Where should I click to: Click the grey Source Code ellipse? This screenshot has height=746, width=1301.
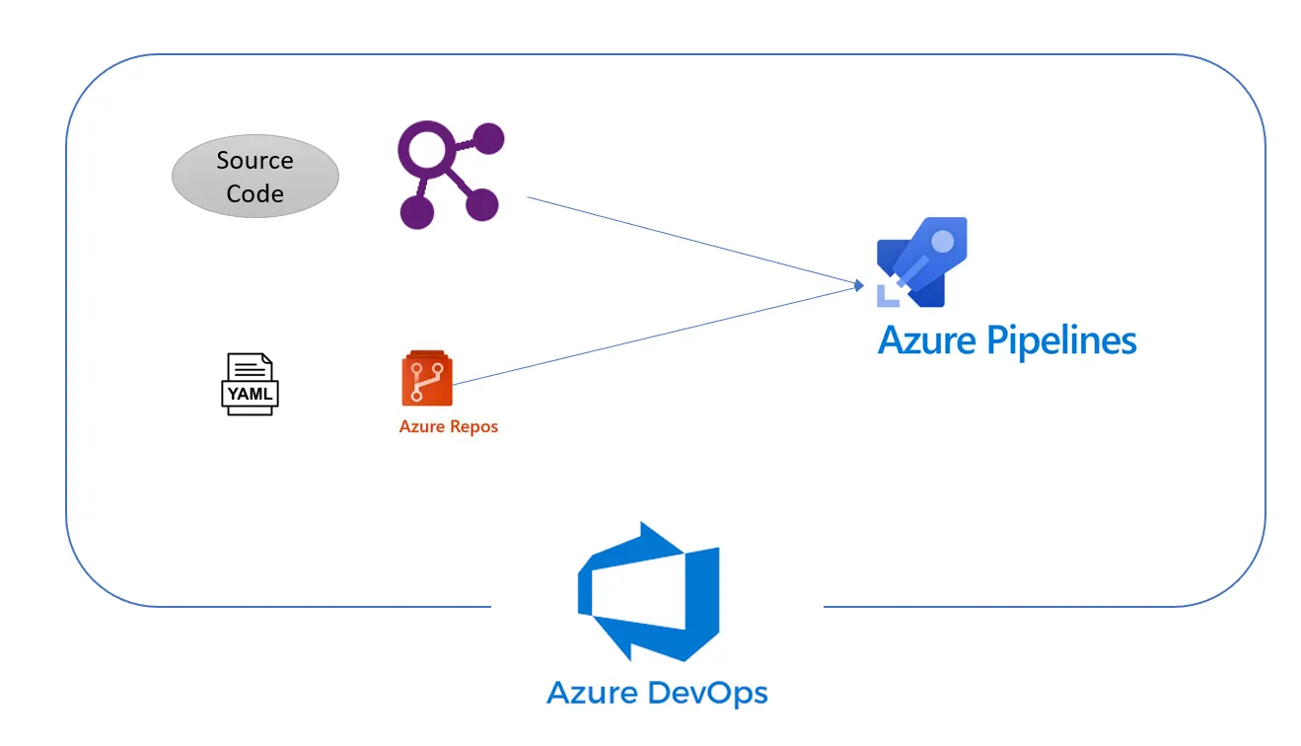click(x=254, y=177)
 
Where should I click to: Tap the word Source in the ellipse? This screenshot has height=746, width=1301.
click(x=254, y=160)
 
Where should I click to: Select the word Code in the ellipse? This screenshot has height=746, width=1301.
click(x=254, y=193)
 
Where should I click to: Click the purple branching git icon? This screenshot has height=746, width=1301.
click(x=450, y=176)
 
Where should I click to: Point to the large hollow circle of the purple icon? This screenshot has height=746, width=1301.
click(x=427, y=152)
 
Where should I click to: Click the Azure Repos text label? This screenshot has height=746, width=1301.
click(x=448, y=427)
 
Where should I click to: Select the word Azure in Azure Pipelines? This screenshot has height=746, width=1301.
click(x=926, y=340)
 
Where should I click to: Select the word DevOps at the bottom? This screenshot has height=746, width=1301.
click(x=703, y=692)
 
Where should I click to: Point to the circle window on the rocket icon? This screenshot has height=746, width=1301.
click(x=943, y=241)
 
